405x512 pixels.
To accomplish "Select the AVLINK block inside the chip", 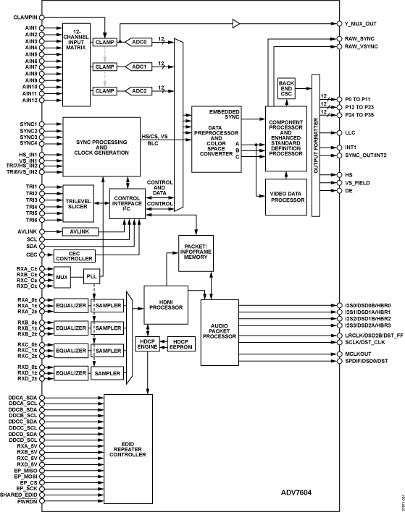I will [x=78, y=231].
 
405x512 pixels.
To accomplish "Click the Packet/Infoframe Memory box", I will [x=199, y=249].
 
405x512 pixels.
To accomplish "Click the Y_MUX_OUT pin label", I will [x=365, y=23].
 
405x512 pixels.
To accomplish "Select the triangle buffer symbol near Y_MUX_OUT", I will [x=236, y=22].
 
